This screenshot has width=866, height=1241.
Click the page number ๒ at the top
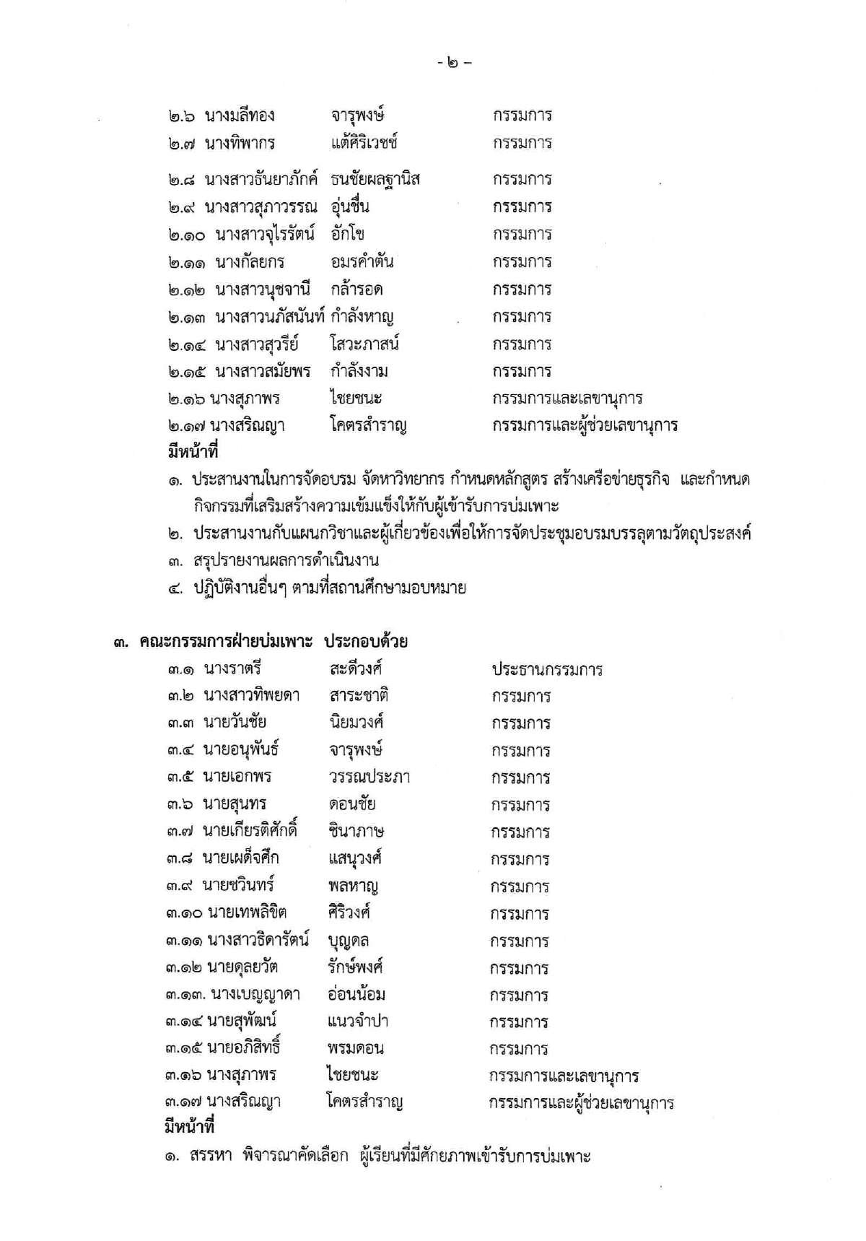click(453, 63)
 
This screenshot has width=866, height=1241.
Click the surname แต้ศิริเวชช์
click(364, 143)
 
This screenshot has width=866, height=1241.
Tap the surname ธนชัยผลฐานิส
click(375, 179)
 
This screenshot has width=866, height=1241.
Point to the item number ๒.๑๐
click(187, 235)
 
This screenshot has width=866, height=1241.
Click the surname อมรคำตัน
click(362, 261)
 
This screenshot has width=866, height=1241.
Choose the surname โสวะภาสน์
click(364, 344)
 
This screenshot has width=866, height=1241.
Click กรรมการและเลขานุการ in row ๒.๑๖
click(567, 399)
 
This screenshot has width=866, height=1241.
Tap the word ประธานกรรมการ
click(547, 669)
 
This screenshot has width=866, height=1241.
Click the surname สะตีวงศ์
click(355, 669)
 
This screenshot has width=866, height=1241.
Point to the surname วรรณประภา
click(369, 777)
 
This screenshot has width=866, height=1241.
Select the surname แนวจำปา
click(357, 1022)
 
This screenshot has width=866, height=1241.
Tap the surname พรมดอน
click(355, 1048)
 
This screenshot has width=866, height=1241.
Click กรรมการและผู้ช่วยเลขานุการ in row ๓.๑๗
click(581, 1103)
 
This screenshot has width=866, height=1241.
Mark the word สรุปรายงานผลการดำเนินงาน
click(286, 561)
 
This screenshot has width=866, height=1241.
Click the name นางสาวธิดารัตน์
click(258, 940)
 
